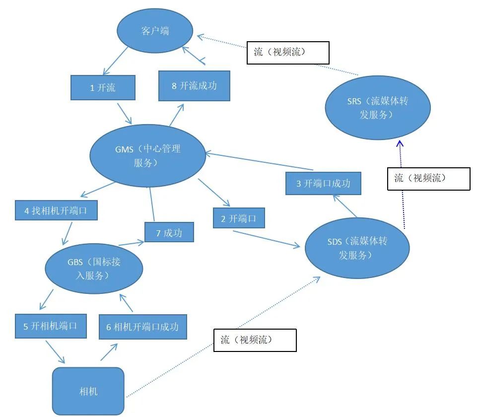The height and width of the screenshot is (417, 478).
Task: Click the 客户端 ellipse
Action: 155,31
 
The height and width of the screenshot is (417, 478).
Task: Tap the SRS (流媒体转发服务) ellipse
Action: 377,107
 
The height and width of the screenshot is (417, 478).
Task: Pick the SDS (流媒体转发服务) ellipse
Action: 357,248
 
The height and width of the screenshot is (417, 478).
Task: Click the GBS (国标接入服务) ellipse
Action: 94,268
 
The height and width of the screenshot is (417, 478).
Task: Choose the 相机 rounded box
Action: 88,391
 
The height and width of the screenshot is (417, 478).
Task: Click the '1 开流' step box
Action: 103,88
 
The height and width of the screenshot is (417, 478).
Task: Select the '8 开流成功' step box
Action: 194,85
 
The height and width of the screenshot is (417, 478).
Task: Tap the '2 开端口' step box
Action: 239,218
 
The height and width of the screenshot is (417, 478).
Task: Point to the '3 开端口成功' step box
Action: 323,183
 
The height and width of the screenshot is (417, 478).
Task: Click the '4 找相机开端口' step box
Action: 55,210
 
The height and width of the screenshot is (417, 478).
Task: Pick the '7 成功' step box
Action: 169,232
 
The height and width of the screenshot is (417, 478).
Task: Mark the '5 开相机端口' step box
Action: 51,326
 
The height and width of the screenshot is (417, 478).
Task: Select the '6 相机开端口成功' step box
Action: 142,327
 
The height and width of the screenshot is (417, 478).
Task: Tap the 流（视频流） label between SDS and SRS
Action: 428,179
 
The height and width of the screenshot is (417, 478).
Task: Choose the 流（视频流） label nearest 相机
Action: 255,340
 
